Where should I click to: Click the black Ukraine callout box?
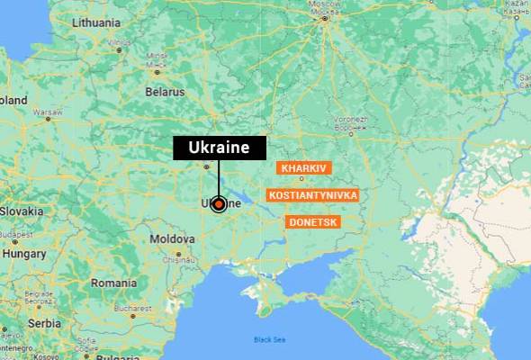pos(220,148)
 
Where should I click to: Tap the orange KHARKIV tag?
pos(306,168)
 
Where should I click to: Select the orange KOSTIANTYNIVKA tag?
pos(313,194)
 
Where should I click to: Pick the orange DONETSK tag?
pos(312,221)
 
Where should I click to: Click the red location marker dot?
pos(219,204)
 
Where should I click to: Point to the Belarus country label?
pos(165,92)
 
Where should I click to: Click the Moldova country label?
pos(172,239)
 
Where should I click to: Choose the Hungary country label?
pos(24,254)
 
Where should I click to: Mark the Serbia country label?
pos(44,323)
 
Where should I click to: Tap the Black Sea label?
pos(269,339)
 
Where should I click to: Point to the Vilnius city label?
pos(118,42)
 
